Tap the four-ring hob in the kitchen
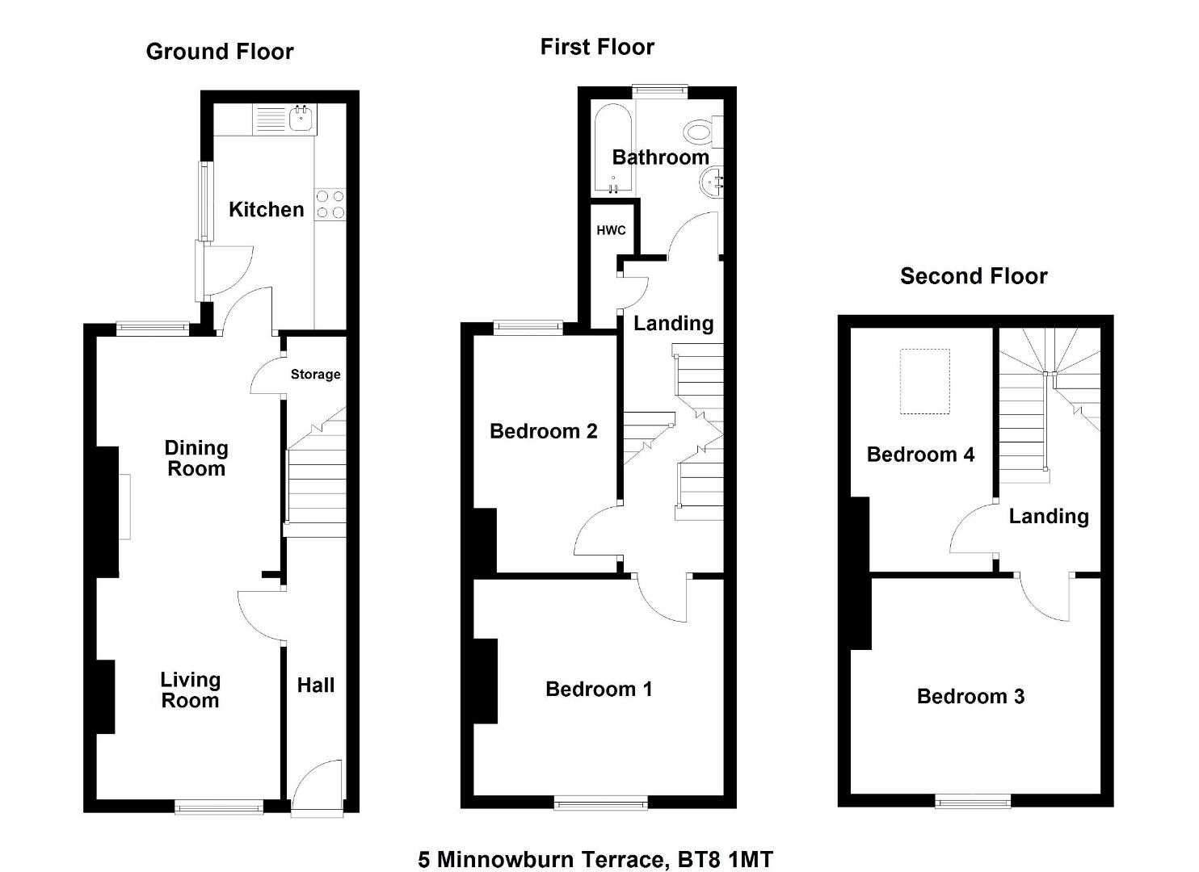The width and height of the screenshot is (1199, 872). [330, 205]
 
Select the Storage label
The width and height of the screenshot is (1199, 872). [315, 374]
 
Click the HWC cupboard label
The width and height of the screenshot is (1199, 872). [611, 231]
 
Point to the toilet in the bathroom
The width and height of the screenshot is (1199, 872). [704, 131]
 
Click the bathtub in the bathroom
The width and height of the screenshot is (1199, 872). [613, 149]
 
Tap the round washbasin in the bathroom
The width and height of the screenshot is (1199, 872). [712, 182]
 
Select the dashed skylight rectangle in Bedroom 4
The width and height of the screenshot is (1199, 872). [924, 381]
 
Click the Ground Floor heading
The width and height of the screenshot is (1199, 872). [220, 52]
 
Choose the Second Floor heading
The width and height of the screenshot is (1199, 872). [974, 276]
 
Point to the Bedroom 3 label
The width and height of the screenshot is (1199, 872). [970, 696]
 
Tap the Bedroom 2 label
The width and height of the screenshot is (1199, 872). [543, 430]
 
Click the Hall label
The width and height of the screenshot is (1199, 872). [316, 685]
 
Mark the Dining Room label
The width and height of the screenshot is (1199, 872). [196, 458]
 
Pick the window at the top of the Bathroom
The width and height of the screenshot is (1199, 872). [660, 91]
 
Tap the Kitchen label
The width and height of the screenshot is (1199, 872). [266, 209]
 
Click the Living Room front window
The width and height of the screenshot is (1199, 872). [219, 807]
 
